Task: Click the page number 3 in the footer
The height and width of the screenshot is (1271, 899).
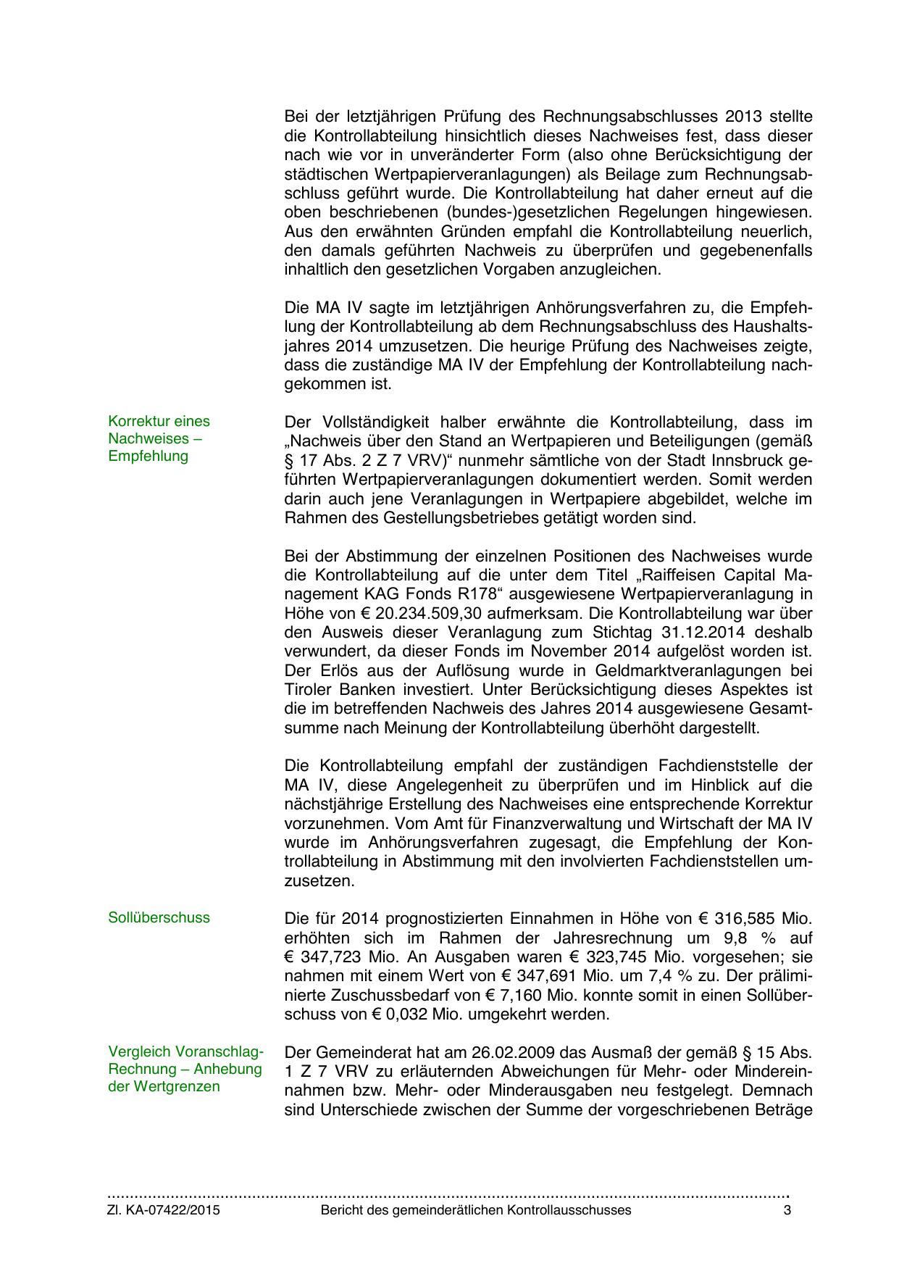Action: [x=787, y=1210]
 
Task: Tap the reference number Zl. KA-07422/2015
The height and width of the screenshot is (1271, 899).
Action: [x=164, y=1210]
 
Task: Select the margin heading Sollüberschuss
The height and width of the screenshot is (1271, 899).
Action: [x=159, y=917]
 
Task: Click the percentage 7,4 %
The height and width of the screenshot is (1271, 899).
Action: [x=684, y=976]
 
